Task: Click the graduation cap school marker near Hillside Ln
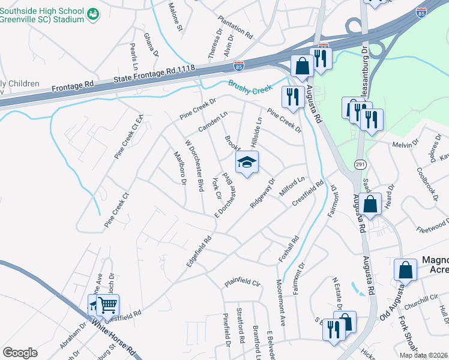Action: pos(247,162)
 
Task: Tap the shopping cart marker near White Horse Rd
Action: pos(107,305)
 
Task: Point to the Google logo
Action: pos(20,353)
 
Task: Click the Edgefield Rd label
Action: pos(199,251)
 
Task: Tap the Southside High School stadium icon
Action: pos(92,13)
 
